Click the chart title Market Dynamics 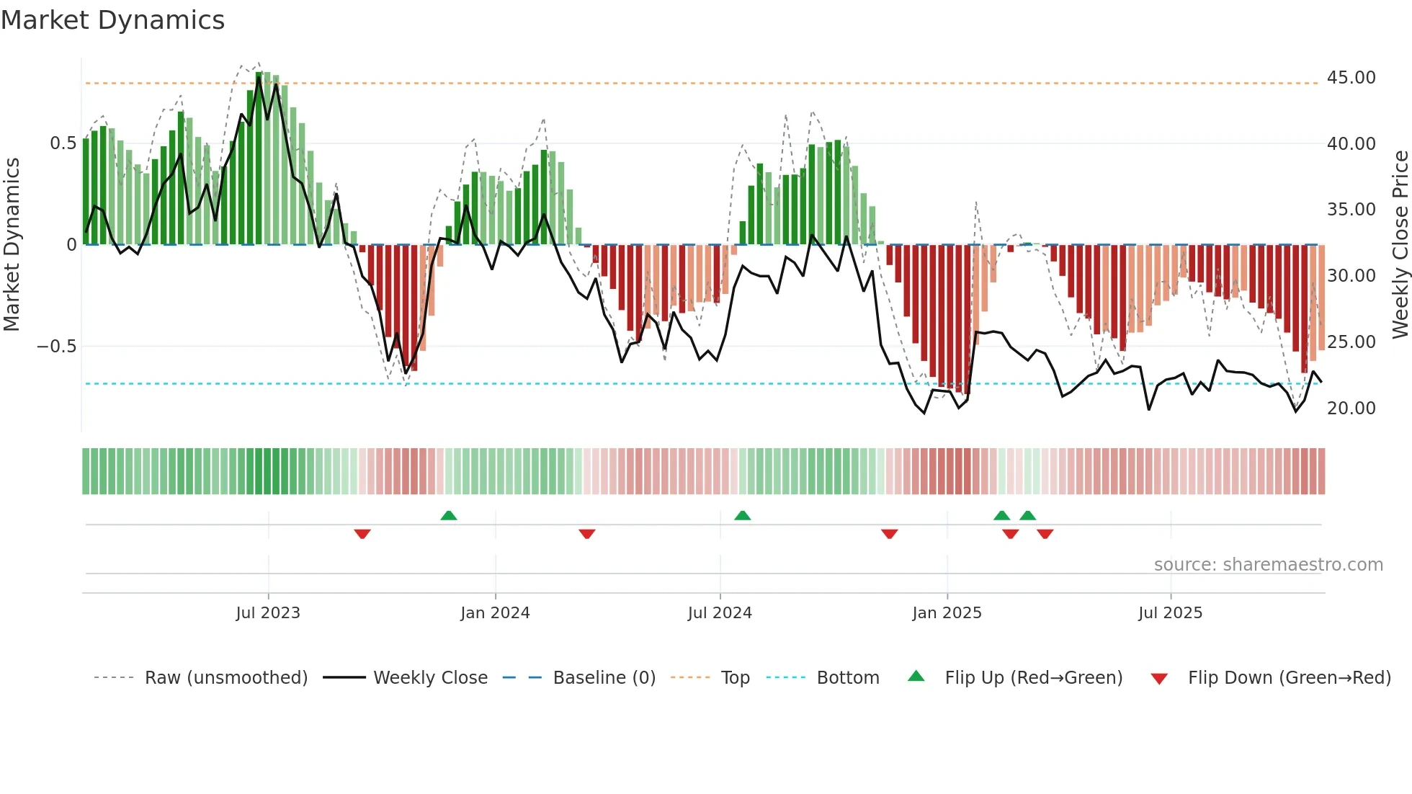tap(112, 20)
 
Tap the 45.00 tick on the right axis tap(1351, 78)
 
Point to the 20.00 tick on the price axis tap(1351, 409)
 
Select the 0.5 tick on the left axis tap(63, 143)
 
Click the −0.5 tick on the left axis tap(57, 347)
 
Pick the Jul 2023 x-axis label tap(268, 613)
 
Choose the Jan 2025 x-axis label tap(947, 613)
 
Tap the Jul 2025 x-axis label tap(1170, 613)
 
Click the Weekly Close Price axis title tap(1400, 245)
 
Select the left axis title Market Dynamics tap(12, 245)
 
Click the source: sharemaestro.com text tap(1268, 565)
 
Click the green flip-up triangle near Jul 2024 tap(743, 515)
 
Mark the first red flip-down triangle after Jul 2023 tap(362, 534)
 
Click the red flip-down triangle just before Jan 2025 tap(890, 534)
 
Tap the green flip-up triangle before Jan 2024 tap(449, 515)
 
